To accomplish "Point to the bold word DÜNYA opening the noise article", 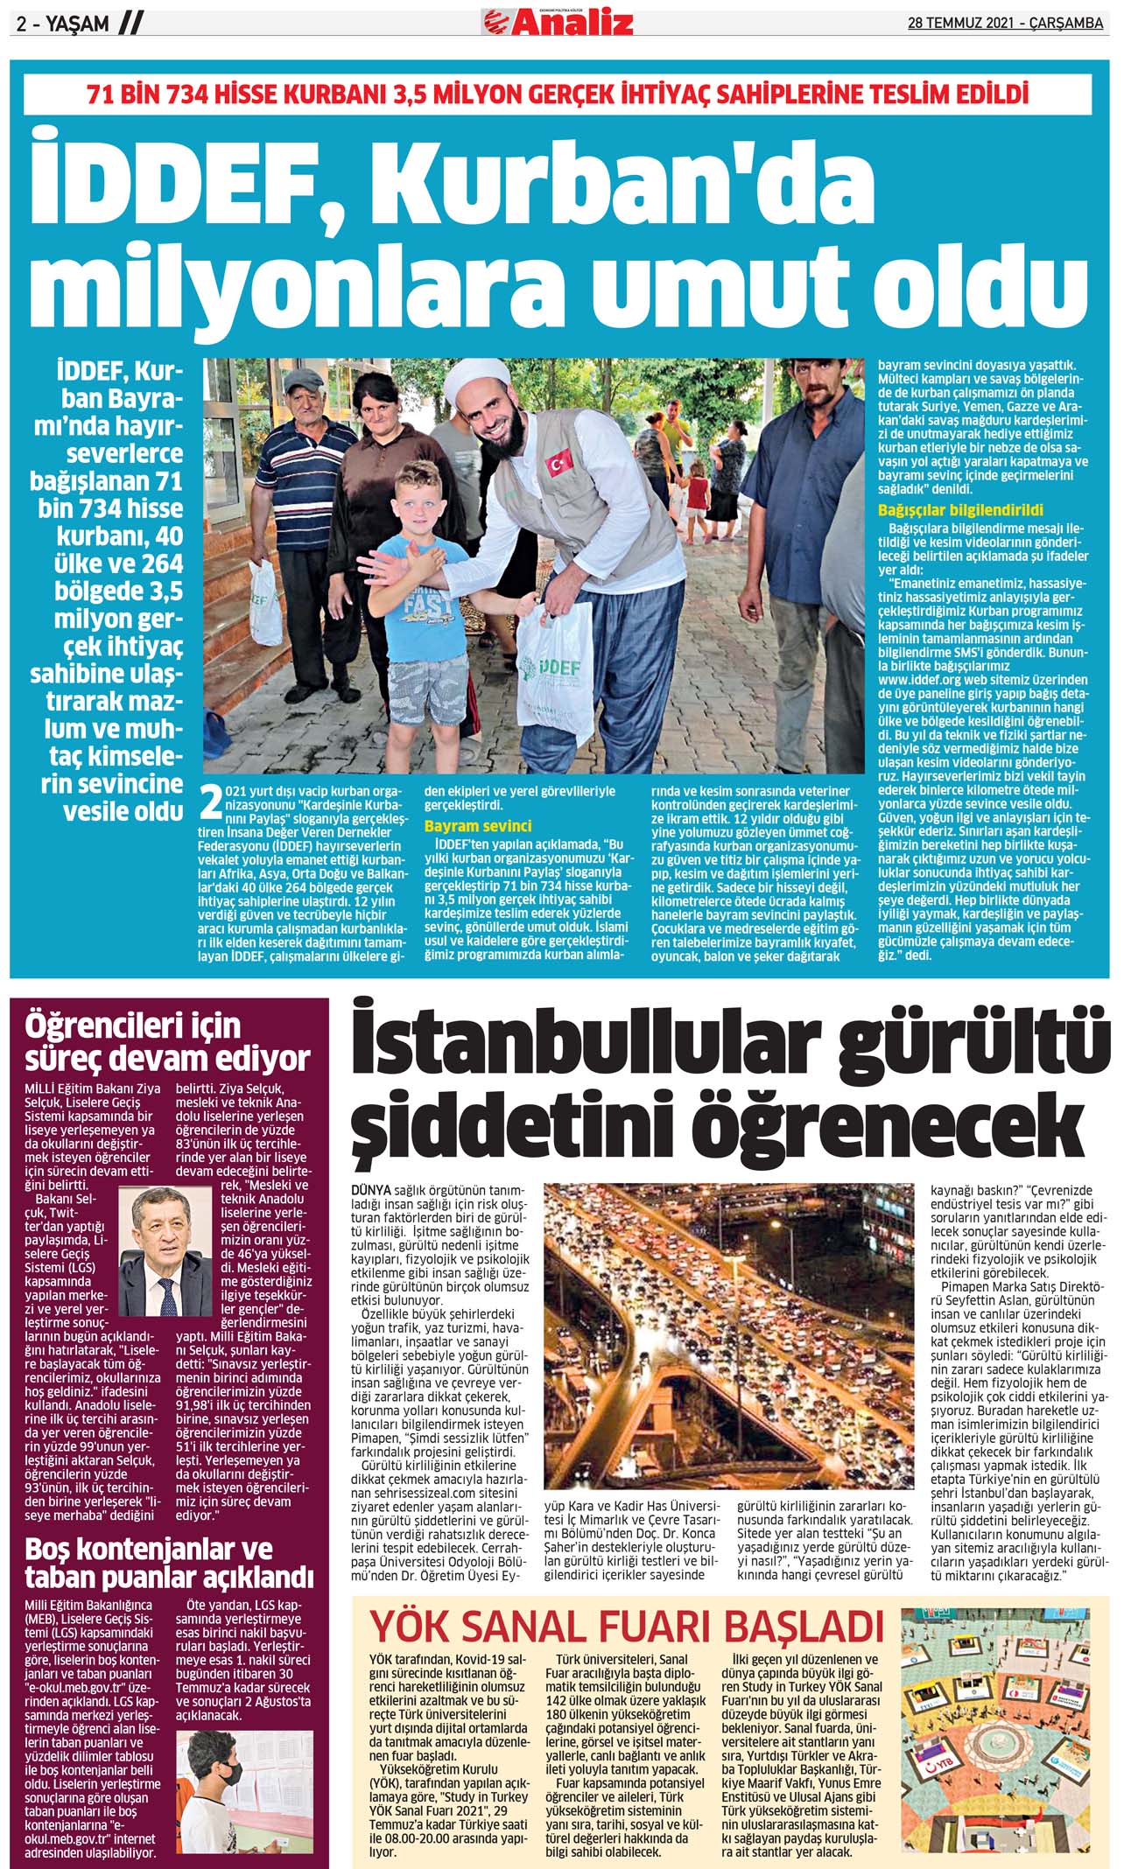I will [x=371, y=1192].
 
